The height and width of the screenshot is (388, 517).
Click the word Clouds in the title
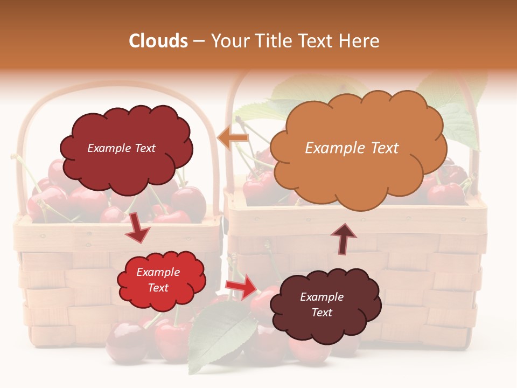click(x=158, y=41)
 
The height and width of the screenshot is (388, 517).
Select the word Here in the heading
click(x=361, y=41)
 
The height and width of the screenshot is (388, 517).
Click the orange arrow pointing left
click(x=233, y=139)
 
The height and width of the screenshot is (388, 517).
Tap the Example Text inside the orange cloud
click(x=352, y=148)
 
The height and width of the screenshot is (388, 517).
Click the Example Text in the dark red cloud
click(x=121, y=148)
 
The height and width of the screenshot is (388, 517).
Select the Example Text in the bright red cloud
click(x=158, y=280)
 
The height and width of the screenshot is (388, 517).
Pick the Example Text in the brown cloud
click(x=322, y=304)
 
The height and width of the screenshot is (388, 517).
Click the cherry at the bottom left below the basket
click(x=126, y=342)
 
